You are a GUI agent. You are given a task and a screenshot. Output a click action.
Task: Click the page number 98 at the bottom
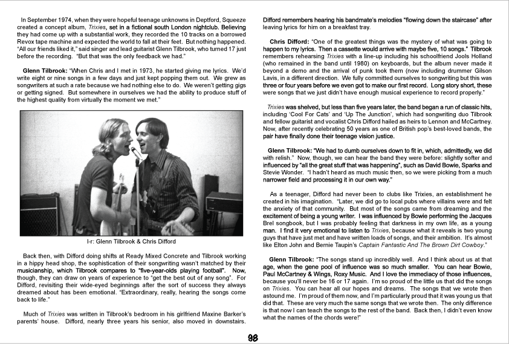point(254,338)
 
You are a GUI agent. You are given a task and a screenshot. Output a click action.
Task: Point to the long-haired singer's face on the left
point(115,139)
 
